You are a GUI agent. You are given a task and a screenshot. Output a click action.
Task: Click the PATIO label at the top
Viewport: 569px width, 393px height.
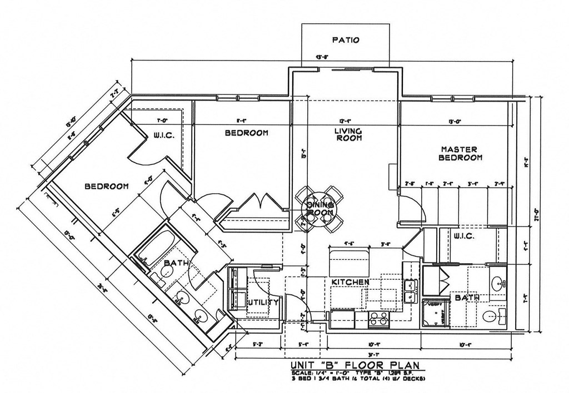(x=346, y=40)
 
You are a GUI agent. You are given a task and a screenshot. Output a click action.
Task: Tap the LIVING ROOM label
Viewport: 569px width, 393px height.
(x=348, y=134)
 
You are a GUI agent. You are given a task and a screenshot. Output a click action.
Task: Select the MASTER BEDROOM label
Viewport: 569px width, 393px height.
(x=460, y=153)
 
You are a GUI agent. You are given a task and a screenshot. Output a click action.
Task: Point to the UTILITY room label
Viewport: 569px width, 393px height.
(x=262, y=303)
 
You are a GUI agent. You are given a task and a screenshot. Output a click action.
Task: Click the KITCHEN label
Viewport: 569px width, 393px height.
(x=350, y=283)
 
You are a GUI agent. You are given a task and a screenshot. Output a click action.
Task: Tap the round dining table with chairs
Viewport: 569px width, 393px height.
(x=320, y=208)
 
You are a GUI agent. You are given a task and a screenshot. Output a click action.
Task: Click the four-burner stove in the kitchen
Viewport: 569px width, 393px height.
(x=379, y=319)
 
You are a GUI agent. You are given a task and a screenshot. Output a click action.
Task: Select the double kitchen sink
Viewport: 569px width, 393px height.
(x=411, y=291)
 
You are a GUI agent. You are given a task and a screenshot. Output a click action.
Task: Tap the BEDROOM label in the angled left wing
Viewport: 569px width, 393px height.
(x=107, y=187)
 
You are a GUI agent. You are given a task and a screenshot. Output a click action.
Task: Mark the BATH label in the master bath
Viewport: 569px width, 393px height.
(x=467, y=298)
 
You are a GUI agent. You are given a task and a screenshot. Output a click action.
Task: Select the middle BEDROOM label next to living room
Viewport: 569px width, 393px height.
(x=246, y=133)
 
